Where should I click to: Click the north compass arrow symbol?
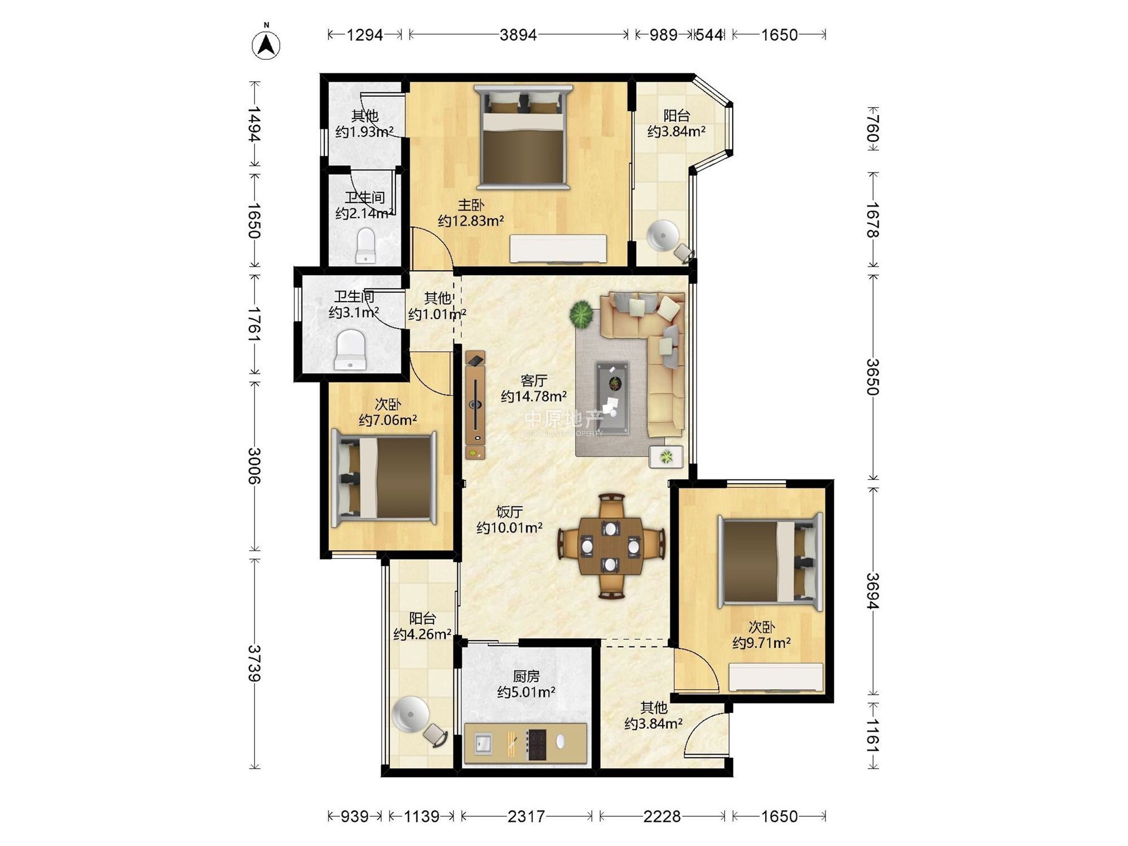click(266, 44)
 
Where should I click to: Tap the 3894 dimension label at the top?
click(518, 35)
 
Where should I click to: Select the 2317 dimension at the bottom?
click(526, 816)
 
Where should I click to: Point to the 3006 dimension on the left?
click(255, 466)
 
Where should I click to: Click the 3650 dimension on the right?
click(873, 377)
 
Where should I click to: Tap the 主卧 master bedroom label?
click(471, 205)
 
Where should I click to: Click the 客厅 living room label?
click(534, 381)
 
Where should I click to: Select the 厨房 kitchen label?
click(526, 676)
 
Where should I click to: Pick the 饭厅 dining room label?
click(509, 512)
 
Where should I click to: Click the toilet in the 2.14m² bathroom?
click(366, 245)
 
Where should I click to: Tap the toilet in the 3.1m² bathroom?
click(350, 350)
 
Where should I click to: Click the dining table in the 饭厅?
click(611, 546)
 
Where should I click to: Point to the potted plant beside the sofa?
click(581, 314)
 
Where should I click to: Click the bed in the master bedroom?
click(523, 136)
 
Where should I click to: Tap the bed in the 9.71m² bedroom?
click(770, 561)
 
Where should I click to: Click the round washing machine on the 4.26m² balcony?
click(411, 714)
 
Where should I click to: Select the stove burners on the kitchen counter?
click(536, 744)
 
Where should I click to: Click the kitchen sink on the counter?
click(482, 743)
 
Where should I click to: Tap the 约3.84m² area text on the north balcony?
click(676, 132)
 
